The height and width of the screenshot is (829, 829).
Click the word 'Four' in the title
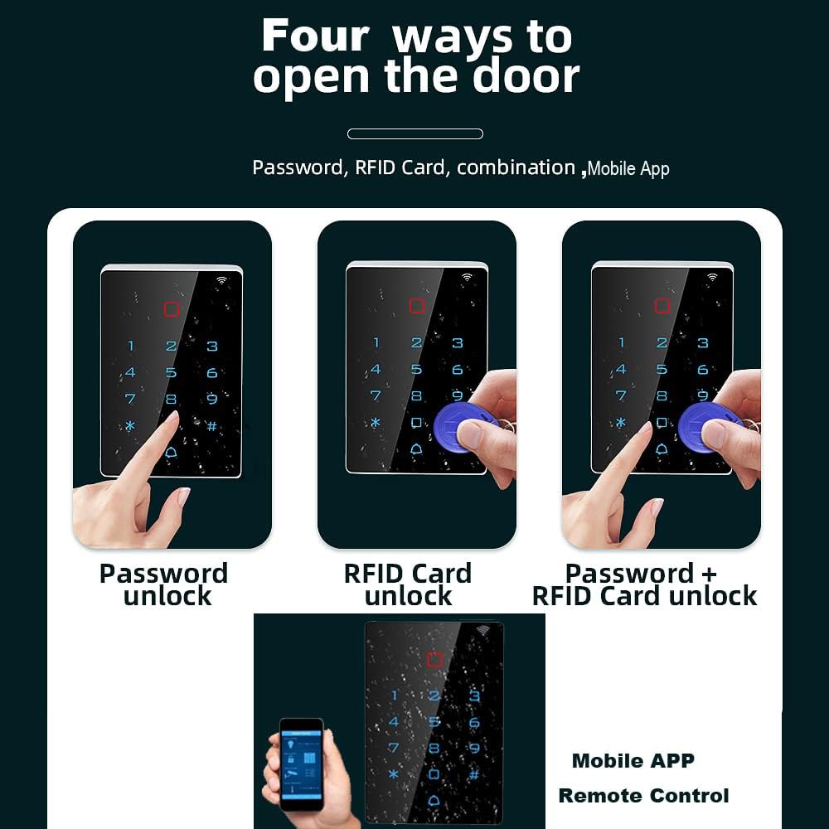coord(314,36)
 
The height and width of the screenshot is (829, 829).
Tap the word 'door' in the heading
coord(526,76)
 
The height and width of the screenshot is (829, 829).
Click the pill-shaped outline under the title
coord(414,133)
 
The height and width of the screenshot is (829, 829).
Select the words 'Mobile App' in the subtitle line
coord(628,169)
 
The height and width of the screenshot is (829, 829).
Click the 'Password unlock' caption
coord(164,584)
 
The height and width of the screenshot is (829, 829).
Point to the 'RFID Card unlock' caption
coord(408,584)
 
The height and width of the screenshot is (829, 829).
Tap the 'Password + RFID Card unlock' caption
coord(644,584)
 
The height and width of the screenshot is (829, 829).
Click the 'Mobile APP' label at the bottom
coord(633,761)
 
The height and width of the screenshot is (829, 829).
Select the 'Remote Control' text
coord(643,796)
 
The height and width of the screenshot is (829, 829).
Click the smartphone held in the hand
coord(301,763)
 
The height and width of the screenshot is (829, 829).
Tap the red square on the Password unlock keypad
coord(172,310)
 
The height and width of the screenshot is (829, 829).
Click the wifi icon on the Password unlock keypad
coord(221,280)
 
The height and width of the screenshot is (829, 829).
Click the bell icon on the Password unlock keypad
coord(172,453)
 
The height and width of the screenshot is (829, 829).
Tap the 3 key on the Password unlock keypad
coord(212,347)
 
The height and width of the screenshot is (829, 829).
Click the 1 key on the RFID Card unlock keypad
coord(376,342)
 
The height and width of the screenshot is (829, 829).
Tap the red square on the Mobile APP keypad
coord(434,659)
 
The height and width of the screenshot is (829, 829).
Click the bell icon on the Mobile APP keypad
coord(434,802)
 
